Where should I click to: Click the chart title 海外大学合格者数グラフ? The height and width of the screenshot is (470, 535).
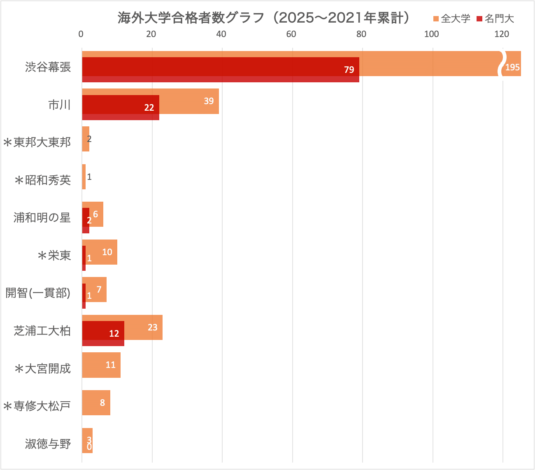tap(263, 18)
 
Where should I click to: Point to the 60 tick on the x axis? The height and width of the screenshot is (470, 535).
tap(291, 34)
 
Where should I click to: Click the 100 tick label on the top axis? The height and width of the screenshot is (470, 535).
tap(431, 34)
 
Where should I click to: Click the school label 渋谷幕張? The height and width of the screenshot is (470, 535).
tap(48, 67)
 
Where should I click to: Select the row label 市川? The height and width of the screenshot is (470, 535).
tap(60, 105)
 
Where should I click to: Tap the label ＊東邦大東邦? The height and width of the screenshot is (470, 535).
tap(37, 142)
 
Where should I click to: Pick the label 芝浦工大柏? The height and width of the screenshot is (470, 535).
tap(42, 331)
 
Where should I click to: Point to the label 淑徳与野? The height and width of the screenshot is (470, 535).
tap(48, 444)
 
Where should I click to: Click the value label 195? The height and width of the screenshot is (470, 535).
tap(513, 67)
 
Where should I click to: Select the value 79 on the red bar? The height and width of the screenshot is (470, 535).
tap(349, 70)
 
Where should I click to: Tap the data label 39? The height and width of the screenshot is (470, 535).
tap(209, 101)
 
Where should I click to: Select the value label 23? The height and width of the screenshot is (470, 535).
tap(152, 327)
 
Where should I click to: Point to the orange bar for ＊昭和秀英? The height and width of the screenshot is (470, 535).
tap(84, 177)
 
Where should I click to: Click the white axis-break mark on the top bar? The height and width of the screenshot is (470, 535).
tap(502, 64)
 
